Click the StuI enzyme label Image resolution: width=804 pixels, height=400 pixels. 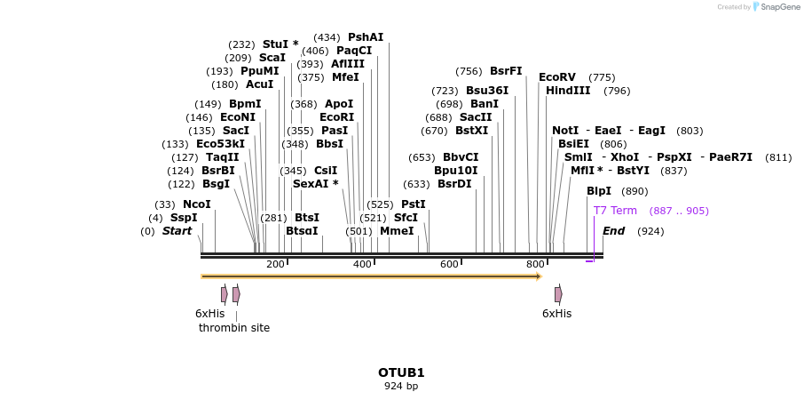pyautogui.click(x=276, y=44)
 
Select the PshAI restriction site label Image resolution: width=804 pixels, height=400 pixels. pyautogui.click(x=366, y=37)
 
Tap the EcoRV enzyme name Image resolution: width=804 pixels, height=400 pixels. pyautogui.click(x=557, y=77)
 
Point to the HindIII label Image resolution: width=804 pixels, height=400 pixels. pyautogui.click(x=568, y=91)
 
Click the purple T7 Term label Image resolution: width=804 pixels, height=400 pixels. pyautogui.click(x=615, y=211)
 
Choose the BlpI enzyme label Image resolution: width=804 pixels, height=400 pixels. pyautogui.click(x=599, y=191)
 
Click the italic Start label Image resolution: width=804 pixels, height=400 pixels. pyautogui.click(x=177, y=231)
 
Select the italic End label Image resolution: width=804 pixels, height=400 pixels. pyautogui.click(x=614, y=231)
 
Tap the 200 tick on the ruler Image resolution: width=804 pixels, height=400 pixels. pyautogui.click(x=275, y=265)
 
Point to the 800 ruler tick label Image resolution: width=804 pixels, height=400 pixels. pyautogui.click(x=535, y=265)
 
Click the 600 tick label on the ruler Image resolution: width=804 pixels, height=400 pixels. pyautogui.click(x=449, y=265)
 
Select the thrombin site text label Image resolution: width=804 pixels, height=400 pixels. pyautogui.click(x=234, y=327)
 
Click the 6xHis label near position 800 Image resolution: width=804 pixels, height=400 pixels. pyautogui.click(x=556, y=314)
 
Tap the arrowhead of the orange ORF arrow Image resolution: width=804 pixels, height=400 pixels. pyautogui.click(x=538, y=276)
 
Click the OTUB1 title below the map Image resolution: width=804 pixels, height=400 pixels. pyautogui.click(x=401, y=372)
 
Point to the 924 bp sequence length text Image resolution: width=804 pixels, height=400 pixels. pyautogui.click(x=401, y=387)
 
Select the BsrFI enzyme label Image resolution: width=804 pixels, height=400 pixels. pyautogui.click(x=506, y=71)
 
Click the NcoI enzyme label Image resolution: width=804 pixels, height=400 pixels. pyautogui.click(x=197, y=204)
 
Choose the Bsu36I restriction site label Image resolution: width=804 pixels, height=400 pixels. pyautogui.click(x=487, y=91)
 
